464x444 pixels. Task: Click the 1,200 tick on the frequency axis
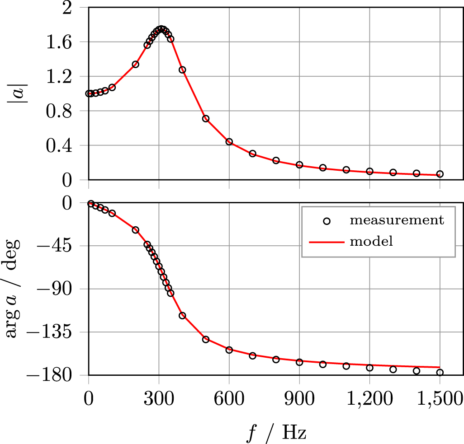[x=369, y=400]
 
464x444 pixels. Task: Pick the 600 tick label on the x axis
[x=229, y=400]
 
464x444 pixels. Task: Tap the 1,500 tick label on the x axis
[x=440, y=400]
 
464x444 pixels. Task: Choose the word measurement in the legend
[x=397, y=220]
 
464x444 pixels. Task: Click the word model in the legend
[x=371, y=241]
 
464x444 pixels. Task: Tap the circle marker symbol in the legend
[x=327, y=221]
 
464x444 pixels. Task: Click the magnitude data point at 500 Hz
[x=206, y=119]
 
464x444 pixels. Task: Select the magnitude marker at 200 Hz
[x=135, y=65]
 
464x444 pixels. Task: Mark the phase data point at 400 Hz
[x=182, y=315]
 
